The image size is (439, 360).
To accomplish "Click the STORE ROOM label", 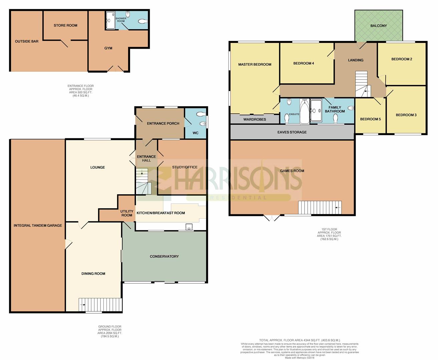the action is pyautogui.click(x=65, y=25).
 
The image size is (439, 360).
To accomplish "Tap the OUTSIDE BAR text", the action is pyautogui.click(x=27, y=41).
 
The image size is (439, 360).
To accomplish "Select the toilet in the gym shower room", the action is pyautogui.click(x=142, y=21).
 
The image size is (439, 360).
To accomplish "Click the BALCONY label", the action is pyautogui.click(x=378, y=26).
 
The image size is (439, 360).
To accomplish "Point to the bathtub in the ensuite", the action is pyautogui.click(x=305, y=112).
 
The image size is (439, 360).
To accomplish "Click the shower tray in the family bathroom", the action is pyautogui.click(x=316, y=110).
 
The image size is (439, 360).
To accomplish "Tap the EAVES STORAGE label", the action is pyautogui.click(x=292, y=132).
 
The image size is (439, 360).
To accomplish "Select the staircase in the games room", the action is pyautogui.click(x=320, y=207).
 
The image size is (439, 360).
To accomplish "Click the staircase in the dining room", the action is pyautogui.click(x=100, y=305).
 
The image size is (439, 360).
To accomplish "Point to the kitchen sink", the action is pyautogui.click(x=189, y=227).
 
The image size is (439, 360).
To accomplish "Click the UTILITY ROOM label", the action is pyautogui.click(x=127, y=213).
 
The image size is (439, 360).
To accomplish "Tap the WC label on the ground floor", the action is pyautogui.click(x=195, y=133).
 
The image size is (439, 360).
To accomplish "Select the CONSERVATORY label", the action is pyautogui.click(x=164, y=256).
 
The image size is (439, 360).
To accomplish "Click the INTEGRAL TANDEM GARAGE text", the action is pyautogui.click(x=38, y=225).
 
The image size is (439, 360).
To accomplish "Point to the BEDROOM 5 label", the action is pyautogui.click(x=370, y=119).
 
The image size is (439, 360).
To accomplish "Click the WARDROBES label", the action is pyautogui.click(x=255, y=120).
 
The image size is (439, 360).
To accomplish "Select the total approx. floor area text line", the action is pyautogui.click(x=300, y=340).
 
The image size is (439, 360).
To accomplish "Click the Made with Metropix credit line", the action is pyautogui.click(x=300, y=358).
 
